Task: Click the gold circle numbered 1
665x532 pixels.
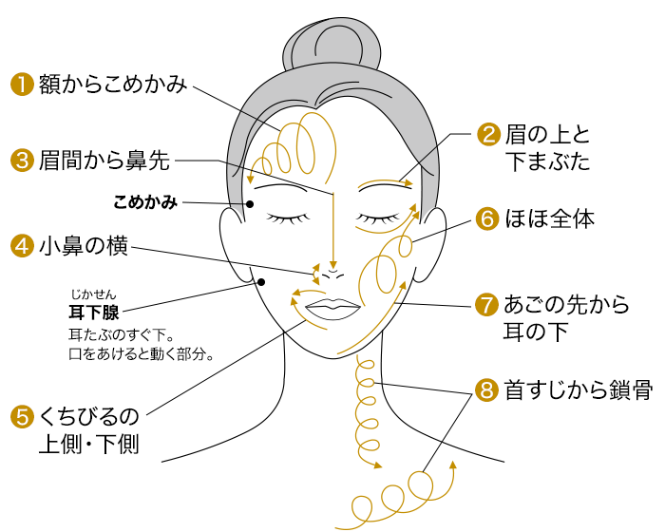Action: tap(22, 84)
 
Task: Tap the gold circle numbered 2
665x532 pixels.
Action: tap(488, 134)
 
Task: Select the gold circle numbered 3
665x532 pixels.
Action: tap(22, 161)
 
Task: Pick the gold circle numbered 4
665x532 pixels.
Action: tap(22, 246)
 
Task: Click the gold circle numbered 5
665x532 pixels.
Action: tap(22, 416)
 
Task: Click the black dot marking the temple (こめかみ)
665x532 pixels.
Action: tap(250, 204)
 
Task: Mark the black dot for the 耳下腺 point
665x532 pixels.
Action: tap(261, 282)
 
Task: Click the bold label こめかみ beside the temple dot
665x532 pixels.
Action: tap(145, 202)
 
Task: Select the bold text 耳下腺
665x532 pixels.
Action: tap(94, 313)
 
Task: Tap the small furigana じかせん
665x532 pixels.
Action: tap(93, 294)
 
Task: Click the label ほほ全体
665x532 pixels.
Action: tap(550, 218)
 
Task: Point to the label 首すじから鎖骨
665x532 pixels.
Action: tap(578, 389)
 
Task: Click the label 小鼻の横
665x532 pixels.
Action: tap(84, 246)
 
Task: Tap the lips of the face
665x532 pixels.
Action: tap(332, 310)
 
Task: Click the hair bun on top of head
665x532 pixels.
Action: tap(332, 45)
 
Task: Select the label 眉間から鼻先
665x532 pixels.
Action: tap(104, 161)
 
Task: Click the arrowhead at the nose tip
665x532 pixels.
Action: tap(333, 265)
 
